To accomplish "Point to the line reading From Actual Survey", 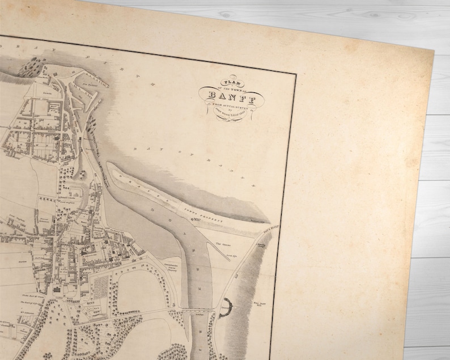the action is click(227, 104).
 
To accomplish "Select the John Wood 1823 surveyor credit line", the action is click(227, 112).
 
